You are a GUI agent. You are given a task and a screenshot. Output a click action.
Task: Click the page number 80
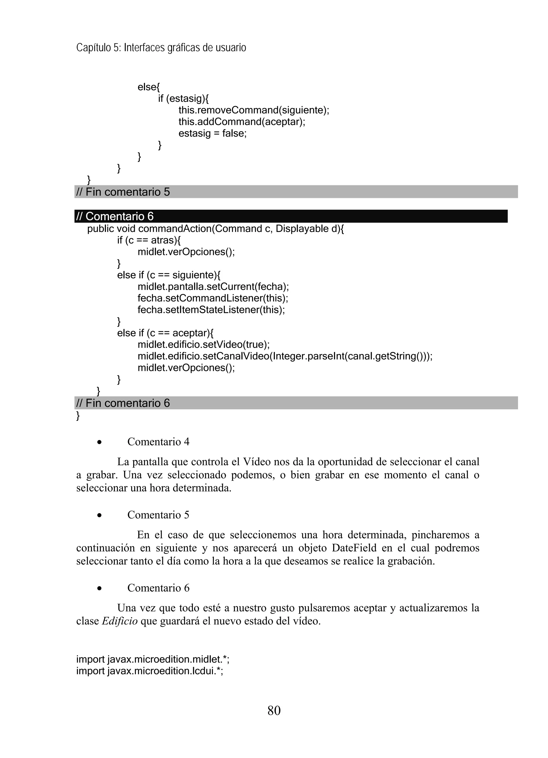click(x=274, y=710)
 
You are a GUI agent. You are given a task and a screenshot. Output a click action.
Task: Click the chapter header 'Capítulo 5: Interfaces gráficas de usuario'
click(x=161, y=48)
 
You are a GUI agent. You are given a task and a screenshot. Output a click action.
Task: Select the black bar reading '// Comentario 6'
click(x=291, y=216)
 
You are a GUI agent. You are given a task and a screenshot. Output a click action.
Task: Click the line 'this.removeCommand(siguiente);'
click(x=254, y=110)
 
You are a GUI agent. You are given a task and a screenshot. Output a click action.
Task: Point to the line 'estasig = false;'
click(x=212, y=133)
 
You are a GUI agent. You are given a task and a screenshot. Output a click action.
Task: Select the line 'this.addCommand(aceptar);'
click(x=242, y=122)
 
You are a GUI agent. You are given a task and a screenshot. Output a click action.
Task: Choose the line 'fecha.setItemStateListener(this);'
click(x=211, y=310)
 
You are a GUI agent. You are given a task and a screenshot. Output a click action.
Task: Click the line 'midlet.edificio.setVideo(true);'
click(x=203, y=344)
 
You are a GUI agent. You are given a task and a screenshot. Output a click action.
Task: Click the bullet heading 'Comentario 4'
click(x=158, y=442)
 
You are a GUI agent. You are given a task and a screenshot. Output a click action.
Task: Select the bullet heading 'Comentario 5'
click(x=158, y=515)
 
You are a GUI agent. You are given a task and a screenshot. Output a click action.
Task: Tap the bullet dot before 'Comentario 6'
click(x=99, y=588)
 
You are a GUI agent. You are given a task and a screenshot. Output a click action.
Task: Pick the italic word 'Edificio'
click(x=120, y=621)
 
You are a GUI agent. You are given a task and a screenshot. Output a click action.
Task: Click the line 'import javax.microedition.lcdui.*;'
click(x=150, y=671)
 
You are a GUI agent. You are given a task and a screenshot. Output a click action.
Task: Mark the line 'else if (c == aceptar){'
click(x=165, y=333)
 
